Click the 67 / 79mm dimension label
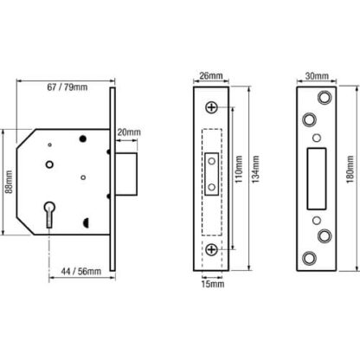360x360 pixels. [x=67, y=87]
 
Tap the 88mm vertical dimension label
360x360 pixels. [x=9, y=182]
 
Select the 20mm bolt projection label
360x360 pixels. [x=129, y=132]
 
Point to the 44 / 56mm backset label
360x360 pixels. [x=81, y=272]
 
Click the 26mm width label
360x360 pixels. [x=211, y=75]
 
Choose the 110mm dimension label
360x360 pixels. [x=239, y=170]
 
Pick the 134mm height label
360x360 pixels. [x=255, y=170]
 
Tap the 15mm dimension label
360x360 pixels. [x=213, y=284]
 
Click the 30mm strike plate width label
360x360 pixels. [x=317, y=76]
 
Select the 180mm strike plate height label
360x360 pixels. [x=350, y=170]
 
